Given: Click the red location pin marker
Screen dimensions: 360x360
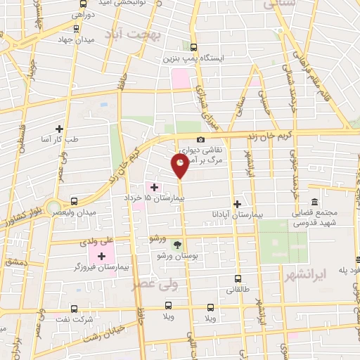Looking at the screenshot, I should pos(180,165).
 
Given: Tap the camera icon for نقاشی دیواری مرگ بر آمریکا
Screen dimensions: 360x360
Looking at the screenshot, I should pos(202,140).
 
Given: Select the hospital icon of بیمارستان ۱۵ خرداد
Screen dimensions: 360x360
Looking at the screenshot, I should pos(155,187).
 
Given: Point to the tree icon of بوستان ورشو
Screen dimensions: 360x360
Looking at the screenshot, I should pos(177,245).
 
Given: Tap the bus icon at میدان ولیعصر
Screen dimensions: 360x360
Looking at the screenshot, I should pos(75,201).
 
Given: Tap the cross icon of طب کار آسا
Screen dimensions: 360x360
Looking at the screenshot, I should pos(59,129).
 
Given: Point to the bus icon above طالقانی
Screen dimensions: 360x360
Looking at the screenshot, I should pos(237,278).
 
